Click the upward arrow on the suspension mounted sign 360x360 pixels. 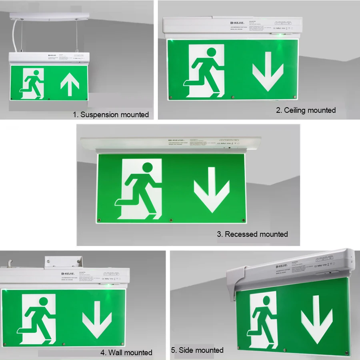tap(70, 84)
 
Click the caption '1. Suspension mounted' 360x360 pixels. tap(111, 115)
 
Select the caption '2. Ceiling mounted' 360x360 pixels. tap(306, 110)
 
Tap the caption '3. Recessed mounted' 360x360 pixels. tap(252, 234)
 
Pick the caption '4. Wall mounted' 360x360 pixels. tap(126, 352)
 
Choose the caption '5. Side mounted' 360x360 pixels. tap(197, 350)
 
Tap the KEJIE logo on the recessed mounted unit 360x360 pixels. tap(176, 140)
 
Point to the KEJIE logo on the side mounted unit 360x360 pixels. tap(282, 266)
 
